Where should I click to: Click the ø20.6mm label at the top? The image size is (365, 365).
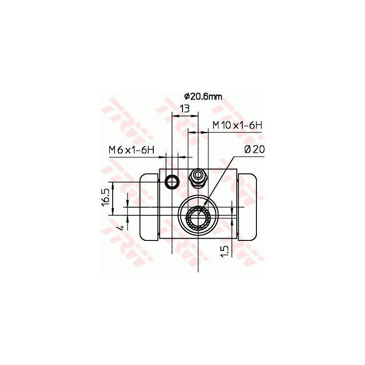pos(203,96)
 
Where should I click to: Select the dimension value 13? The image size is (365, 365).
pos(185,109)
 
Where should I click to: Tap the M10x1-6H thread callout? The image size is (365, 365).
pos(237,125)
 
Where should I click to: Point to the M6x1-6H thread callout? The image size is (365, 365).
pos(131,150)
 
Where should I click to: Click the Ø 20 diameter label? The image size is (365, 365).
pos(255,150)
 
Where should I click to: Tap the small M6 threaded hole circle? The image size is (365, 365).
pos(172,182)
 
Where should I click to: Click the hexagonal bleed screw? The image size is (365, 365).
pos(198,177)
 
